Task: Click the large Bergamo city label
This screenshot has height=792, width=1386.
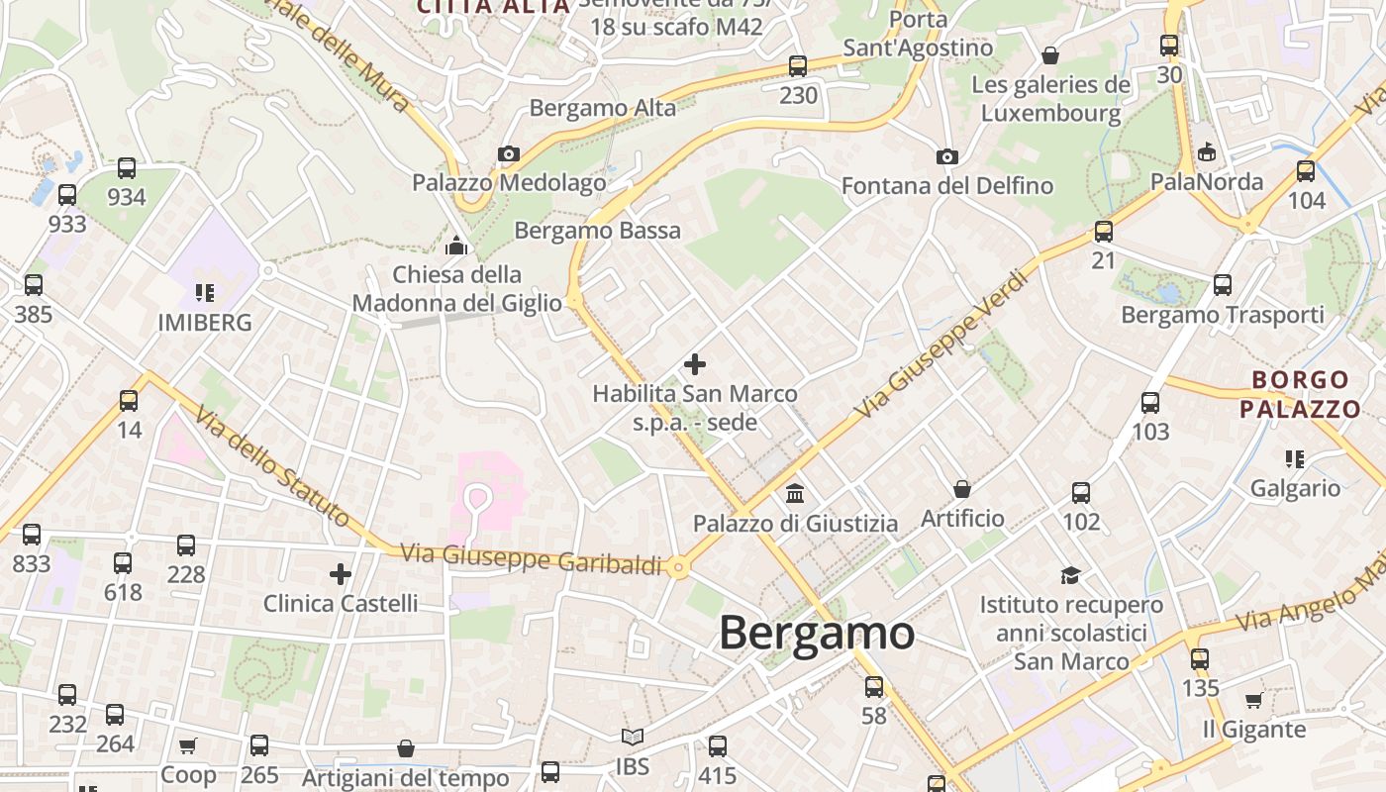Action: click(x=817, y=633)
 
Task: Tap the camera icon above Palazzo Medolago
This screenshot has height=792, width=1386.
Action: click(x=509, y=153)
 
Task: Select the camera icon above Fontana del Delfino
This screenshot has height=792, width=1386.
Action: click(x=947, y=156)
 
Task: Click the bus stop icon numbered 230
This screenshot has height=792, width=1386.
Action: click(x=798, y=66)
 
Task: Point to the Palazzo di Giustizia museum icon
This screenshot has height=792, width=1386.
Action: click(x=795, y=493)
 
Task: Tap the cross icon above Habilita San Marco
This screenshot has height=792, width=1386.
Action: click(x=695, y=364)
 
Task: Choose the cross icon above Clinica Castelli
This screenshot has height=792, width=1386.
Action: click(x=341, y=574)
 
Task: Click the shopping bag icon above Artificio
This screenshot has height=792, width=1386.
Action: click(x=961, y=489)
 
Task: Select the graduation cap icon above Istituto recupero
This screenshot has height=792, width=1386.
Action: click(x=1070, y=575)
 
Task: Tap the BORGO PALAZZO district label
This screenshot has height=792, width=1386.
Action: click(x=1300, y=394)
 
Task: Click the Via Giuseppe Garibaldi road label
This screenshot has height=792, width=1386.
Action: click(x=532, y=558)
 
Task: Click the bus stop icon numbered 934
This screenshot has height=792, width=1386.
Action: click(x=127, y=168)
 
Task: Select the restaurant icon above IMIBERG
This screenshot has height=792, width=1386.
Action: click(x=205, y=293)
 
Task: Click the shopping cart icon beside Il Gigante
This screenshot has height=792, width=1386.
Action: click(x=1253, y=701)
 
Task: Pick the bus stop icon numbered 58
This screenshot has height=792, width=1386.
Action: click(x=874, y=686)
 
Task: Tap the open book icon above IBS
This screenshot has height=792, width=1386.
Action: click(x=633, y=738)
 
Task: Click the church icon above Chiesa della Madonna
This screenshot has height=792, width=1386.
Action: click(x=456, y=246)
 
